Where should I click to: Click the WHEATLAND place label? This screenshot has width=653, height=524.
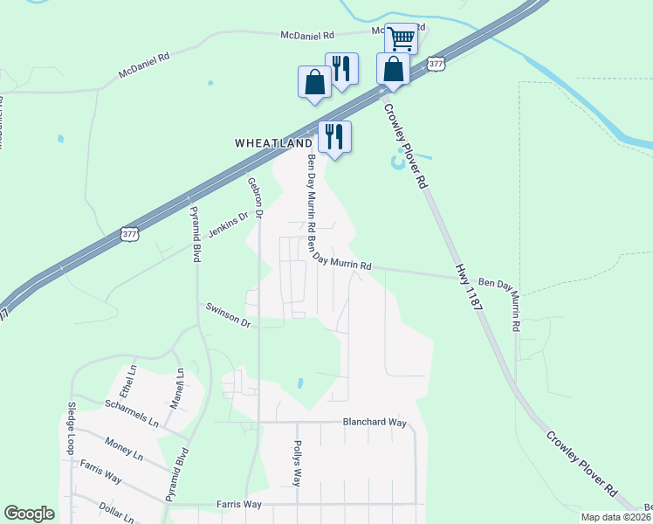click(273, 142)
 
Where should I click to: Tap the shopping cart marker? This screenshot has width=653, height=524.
click(401, 38)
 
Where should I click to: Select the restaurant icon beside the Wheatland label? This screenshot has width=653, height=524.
click(333, 136)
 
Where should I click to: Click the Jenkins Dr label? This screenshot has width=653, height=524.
click(229, 223)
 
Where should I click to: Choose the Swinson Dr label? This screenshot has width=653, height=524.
click(228, 315)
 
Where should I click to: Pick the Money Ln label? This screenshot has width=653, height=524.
click(123, 449)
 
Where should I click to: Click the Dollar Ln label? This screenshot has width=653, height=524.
click(116, 512)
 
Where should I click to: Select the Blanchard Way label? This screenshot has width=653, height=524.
click(375, 422)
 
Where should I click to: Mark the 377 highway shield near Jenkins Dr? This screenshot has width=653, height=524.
click(129, 234)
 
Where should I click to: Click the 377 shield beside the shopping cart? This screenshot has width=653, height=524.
click(437, 63)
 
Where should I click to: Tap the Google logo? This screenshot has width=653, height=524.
click(30, 514)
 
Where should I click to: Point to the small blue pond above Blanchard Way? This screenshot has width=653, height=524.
click(299, 383)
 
